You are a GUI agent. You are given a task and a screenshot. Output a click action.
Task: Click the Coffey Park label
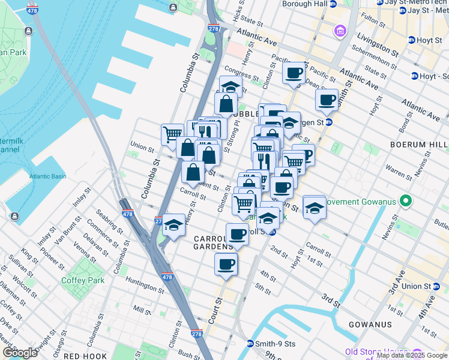(x=83, y=280)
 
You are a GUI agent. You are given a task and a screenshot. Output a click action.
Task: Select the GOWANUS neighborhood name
(x=370, y=325)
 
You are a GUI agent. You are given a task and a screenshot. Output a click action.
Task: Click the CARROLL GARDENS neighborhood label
(x=213, y=242)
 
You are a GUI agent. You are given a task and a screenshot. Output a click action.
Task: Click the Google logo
(x=20, y=353)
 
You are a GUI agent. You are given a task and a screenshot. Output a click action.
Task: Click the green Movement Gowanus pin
(x=406, y=201)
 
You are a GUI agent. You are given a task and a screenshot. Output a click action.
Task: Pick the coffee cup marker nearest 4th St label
(x=226, y=264)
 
